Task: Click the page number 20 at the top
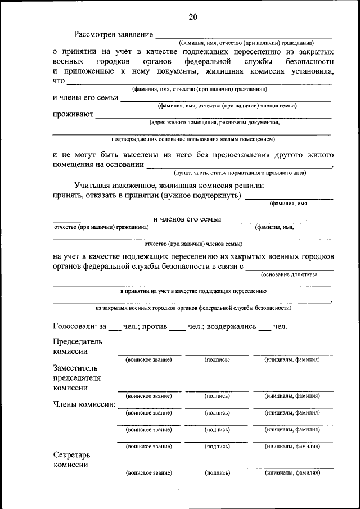point(193,17)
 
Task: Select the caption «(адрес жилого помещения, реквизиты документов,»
point(214,121)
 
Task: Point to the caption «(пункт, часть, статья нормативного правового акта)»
point(239,173)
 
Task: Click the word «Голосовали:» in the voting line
point(75,326)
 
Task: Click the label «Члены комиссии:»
point(84,404)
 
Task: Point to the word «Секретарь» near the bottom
point(71,454)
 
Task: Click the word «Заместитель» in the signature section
point(76,367)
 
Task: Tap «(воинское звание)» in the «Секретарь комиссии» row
point(149,473)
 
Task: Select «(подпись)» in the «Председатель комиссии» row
point(217,359)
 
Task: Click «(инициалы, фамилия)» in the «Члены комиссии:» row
point(292,412)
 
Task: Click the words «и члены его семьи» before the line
point(85,97)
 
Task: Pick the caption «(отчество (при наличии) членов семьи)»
point(193,244)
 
